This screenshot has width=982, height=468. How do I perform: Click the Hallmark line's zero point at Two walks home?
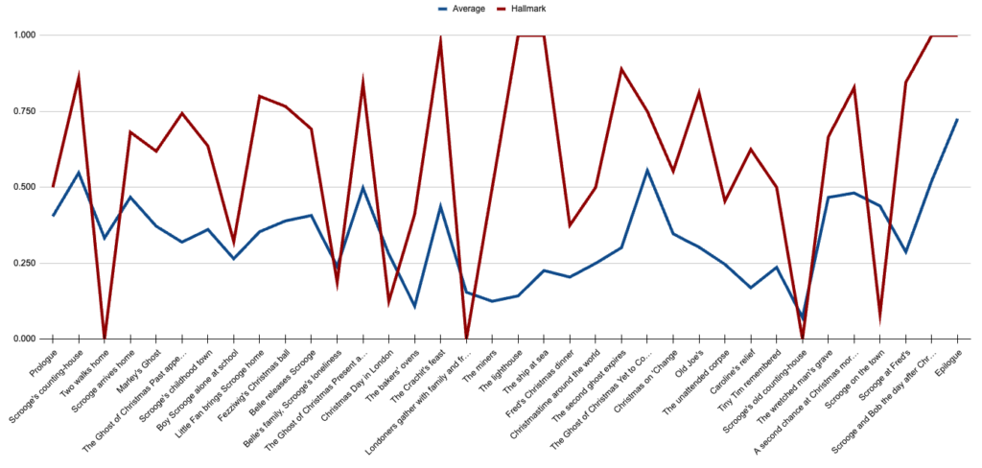click(x=105, y=338)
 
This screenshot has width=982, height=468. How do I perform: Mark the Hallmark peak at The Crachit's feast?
click(x=440, y=39)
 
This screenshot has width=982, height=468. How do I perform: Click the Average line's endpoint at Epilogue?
click(x=957, y=119)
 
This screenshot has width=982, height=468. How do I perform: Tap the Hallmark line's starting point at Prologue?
click(x=53, y=186)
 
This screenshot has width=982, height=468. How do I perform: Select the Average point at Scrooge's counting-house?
click(x=79, y=173)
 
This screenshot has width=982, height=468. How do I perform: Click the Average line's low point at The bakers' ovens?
click(x=414, y=307)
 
